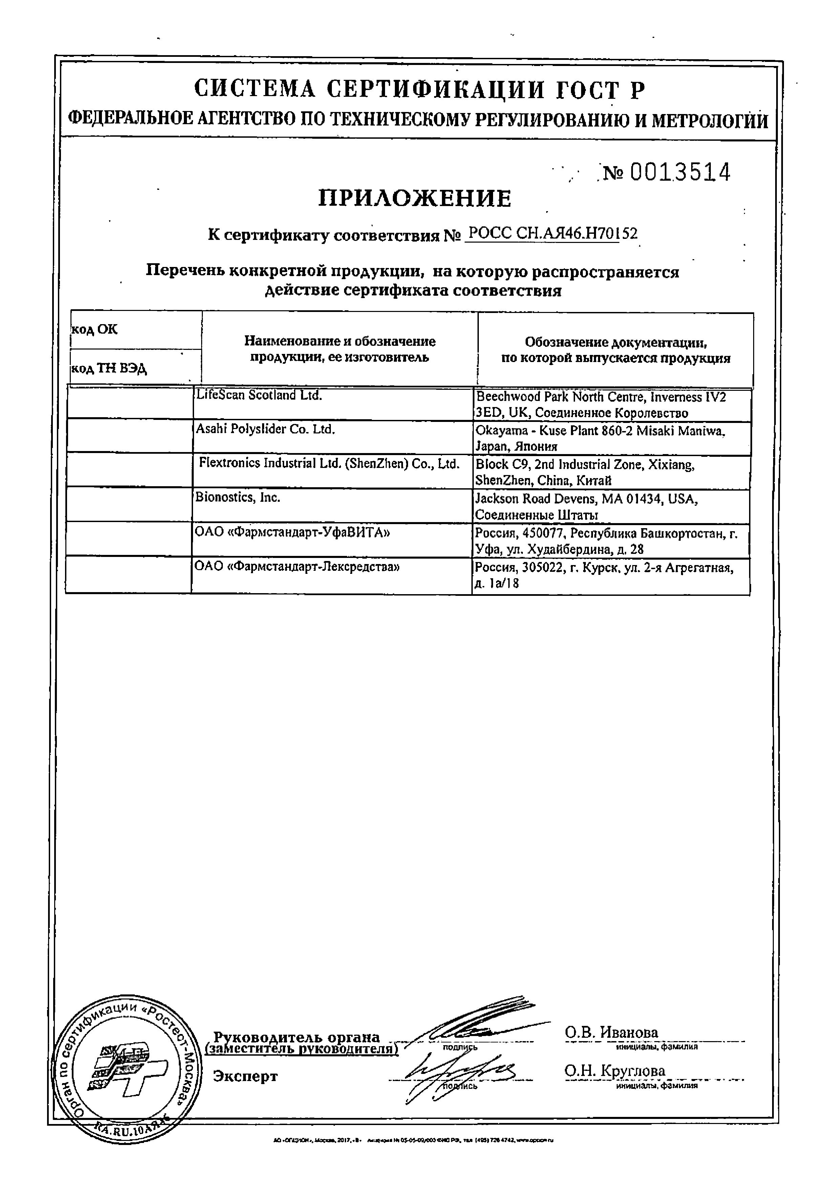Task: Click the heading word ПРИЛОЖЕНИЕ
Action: point(414,198)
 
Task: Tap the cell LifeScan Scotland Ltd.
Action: point(258,395)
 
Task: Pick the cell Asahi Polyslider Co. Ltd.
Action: point(265,429)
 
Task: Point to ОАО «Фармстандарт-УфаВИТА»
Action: point(292,532)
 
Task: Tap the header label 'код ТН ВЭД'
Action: point(109,368)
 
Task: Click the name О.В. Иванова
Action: point(611,1032)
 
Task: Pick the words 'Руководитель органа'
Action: point(297,1037)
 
